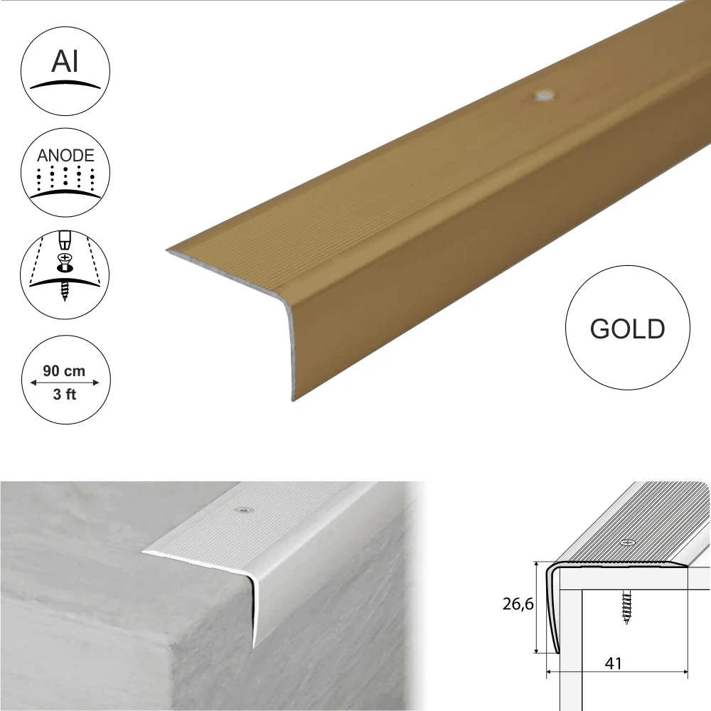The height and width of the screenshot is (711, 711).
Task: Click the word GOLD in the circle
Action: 627,328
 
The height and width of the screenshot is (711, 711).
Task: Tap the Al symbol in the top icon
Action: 65,60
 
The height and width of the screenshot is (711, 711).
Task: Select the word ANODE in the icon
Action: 65,156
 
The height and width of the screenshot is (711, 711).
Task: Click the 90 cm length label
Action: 64,371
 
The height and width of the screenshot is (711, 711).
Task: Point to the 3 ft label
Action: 65,394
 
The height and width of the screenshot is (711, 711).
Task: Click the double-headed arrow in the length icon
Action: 65,383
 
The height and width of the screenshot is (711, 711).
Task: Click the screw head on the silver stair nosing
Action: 243,510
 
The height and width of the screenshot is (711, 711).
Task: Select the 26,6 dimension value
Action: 518,604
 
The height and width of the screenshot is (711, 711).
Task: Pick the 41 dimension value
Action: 613,663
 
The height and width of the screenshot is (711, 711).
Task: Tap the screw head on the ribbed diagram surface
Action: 628,542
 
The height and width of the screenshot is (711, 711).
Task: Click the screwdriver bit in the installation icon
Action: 65,240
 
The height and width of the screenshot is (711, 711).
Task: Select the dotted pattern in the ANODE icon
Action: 65,177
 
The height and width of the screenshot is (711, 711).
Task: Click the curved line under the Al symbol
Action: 65,85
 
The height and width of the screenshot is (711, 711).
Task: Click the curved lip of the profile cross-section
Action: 552,608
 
